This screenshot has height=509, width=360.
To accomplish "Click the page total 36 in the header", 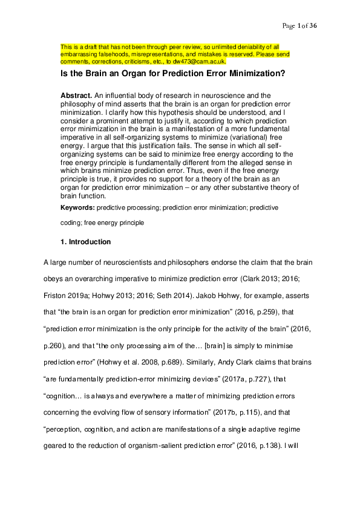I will click(313, 25).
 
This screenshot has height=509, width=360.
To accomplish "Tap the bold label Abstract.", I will click(77, 96).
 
